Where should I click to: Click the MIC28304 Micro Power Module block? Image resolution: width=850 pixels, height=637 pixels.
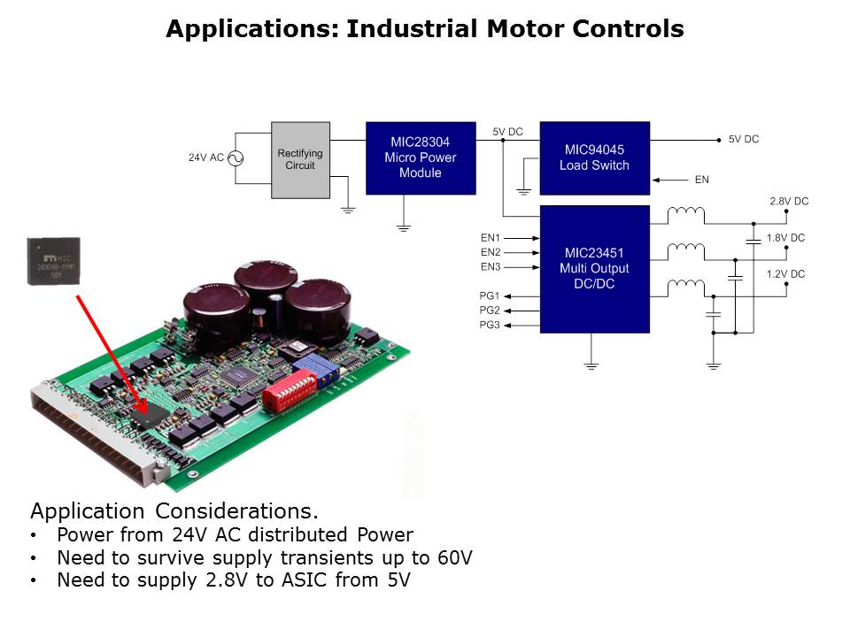tap(420, 157)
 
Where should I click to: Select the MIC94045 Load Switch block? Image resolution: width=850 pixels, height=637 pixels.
tap(594, 157)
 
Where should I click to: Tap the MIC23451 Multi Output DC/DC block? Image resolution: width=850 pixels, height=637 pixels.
tap(594, 269)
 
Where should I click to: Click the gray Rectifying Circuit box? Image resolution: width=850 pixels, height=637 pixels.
tap(299, 159)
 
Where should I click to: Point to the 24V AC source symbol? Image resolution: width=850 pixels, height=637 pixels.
tap(236, 158)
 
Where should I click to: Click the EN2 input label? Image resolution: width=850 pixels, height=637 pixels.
tap(491, 252)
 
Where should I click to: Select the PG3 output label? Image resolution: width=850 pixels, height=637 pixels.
tap(491, 326)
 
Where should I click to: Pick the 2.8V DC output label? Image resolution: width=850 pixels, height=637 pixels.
tap(788, 202)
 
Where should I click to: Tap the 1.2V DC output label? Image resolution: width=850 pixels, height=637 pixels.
tap(785, 274)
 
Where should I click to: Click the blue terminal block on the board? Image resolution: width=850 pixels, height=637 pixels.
tap(323, 370)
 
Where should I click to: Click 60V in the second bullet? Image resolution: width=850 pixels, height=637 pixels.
tap(455, 558)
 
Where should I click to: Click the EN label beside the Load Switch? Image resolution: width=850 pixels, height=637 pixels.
tap(701, 180)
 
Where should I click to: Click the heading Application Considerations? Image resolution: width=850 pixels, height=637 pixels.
tap(174, 511)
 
